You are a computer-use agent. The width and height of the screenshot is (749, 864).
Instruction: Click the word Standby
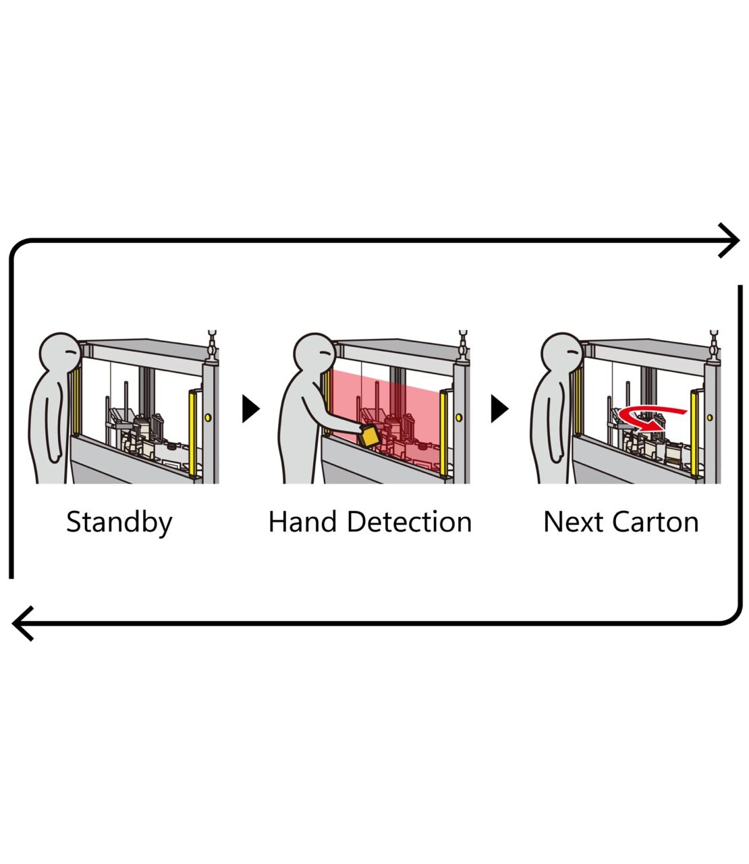[119, 522]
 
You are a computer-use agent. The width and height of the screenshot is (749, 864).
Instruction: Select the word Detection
[409, 522]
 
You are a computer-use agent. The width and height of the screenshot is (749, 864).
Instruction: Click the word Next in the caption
[574, 522]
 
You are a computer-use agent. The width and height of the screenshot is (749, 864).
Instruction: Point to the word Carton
[655, 522]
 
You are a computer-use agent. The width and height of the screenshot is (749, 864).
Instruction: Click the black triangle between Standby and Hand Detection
[250, 408]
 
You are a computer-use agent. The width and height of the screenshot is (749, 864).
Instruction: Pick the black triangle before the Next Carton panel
[499, 408]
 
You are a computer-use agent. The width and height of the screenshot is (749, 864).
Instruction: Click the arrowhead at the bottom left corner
[23, 623]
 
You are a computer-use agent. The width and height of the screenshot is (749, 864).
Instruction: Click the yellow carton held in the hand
[369, 435]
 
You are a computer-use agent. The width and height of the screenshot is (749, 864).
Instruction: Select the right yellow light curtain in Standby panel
[194, 432]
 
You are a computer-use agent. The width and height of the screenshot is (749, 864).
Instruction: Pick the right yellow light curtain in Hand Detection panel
[444, 432]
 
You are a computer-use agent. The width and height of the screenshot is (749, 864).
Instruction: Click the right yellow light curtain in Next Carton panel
[694, 432]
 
